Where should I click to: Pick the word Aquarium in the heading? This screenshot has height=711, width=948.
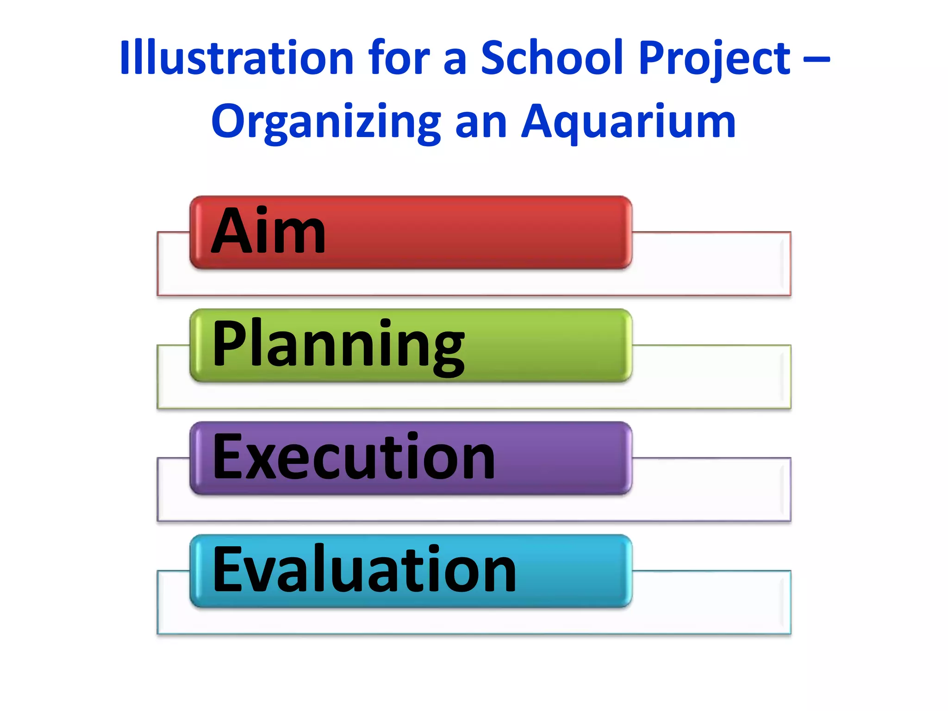point(628,121)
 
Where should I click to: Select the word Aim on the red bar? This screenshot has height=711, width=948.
point(268,231)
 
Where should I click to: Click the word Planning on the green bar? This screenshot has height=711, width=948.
point(338,345)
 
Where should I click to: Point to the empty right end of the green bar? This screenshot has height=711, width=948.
point(555,345)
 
